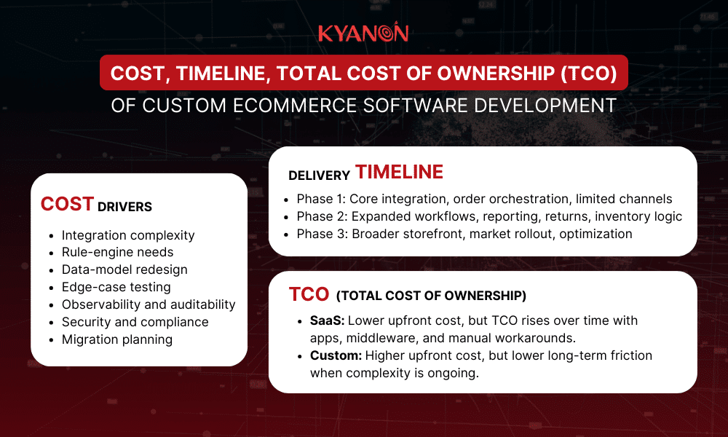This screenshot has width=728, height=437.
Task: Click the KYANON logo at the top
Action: tap(363, 33)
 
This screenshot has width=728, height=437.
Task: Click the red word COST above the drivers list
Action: tap(67, 205)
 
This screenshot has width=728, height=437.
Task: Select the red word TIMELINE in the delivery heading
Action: tap(399, 172)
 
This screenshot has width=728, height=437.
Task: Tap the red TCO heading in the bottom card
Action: tap(309, 294)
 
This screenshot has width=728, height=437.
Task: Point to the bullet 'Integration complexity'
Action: tap(128, 235)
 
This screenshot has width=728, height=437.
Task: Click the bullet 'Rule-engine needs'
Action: tap(117, 253)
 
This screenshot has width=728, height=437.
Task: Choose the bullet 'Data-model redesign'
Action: tap(124, 269)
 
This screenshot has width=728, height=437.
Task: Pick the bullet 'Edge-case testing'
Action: tap(116, 287)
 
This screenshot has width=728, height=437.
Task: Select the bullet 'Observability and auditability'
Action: tap(149, 304)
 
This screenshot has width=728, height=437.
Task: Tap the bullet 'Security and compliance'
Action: tap(135, 322)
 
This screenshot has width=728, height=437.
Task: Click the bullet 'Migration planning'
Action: tap(117, 339)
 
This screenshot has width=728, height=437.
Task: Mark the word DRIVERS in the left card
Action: tap(124, 208)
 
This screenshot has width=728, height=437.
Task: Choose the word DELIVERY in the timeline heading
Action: tap(318, 176)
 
